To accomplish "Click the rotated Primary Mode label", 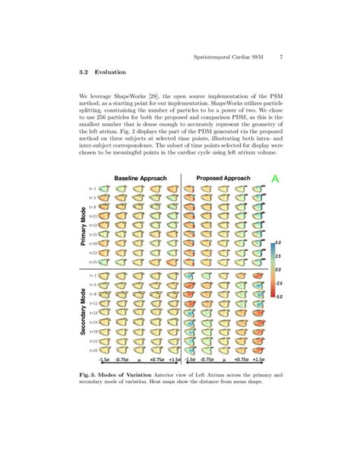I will pyautogui.click(x=83, y=226).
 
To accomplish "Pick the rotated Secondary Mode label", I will pyautogui.click(x=83, y=312).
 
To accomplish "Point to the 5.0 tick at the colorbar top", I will pyautogui.click(x=279, y=243).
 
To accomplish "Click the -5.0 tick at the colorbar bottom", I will pyautogui.click(x=279, y=296).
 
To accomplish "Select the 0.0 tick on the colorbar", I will pyautogui.click(x=279, y=270).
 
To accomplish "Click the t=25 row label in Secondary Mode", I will pyautogui.click(x=92, y=350).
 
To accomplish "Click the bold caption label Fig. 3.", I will pyautogui.click(x=87, y=375).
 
